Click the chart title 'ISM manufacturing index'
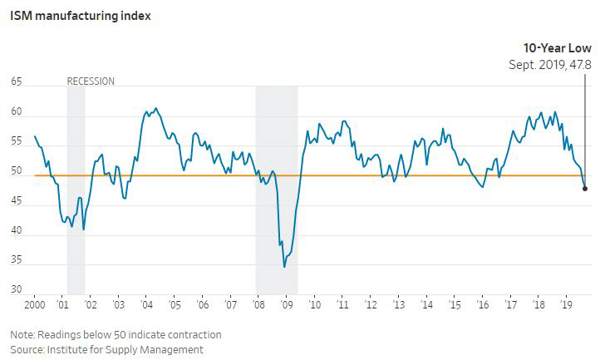click(x=80, y=14)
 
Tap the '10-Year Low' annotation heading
click(x=557, y=48)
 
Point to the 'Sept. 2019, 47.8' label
click(x=550, y=64)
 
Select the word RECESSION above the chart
click(x=91, y=81)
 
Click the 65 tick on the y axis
click(x=17, y=82)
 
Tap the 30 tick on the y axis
click(x=17, y=290)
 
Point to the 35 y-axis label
click(x=17, y=261)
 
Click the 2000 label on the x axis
click(x=35, y=305)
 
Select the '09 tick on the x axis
click(x=285, y=305)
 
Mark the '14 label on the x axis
click(x=425, y=305)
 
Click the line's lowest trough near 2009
click(x=284, y=266)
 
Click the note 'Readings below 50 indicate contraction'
click(x=116, y=334)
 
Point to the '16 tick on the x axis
click(x=482, y=305)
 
